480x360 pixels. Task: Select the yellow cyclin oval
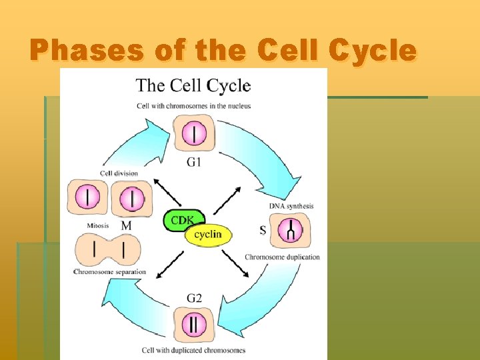point(208,234)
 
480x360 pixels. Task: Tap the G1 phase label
point(194,162)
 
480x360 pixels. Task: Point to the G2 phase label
point(194,298)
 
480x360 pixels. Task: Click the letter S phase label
point(263,230)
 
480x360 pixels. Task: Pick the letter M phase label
point(126,227)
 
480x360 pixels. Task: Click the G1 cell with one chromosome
point(194,133)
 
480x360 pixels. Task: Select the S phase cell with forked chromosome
point(291,231)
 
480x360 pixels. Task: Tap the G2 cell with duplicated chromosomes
point(194,324)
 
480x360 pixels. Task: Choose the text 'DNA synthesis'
point(291,206)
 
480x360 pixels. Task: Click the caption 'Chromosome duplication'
point(282,257)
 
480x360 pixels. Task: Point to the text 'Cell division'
point(119,173)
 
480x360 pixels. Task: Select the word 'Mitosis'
point(98,226)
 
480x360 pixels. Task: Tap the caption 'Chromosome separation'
point(109,272)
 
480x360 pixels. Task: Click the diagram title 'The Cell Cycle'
point(193,85)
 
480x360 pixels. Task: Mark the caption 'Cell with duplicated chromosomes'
point(193,350)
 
